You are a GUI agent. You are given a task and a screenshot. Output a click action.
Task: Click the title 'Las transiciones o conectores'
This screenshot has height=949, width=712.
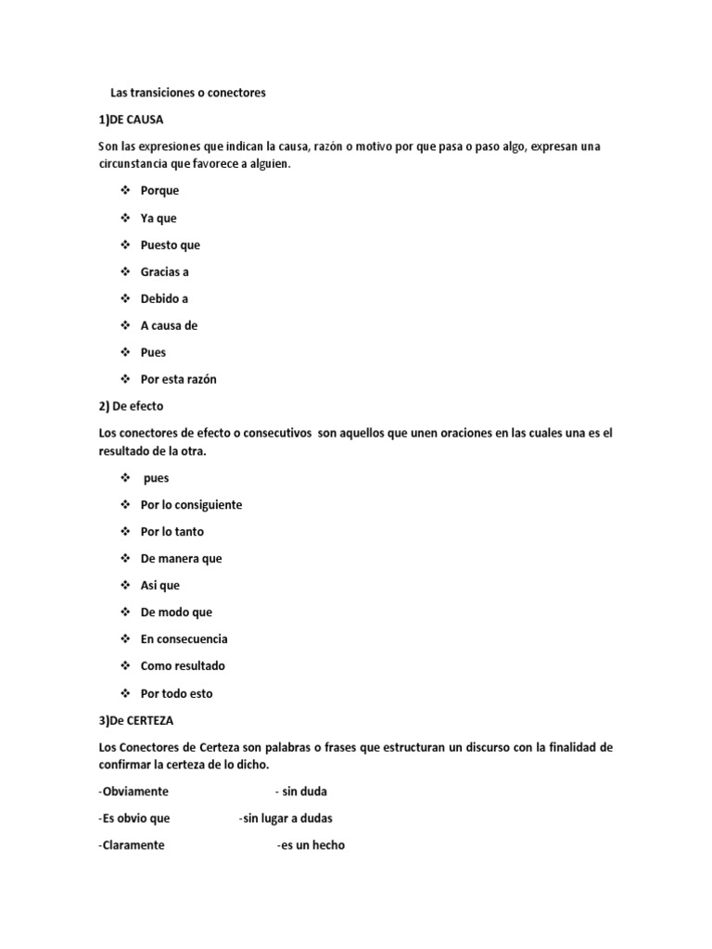point(187,93)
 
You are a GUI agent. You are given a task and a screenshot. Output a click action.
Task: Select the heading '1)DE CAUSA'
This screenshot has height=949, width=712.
point(131,120)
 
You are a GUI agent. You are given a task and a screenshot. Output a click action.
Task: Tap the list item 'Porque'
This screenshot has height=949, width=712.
point(159,191)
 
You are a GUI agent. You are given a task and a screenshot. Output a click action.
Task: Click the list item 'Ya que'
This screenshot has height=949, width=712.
point(158,218)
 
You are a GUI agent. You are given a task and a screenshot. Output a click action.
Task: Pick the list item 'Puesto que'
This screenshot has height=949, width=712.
point(170,245)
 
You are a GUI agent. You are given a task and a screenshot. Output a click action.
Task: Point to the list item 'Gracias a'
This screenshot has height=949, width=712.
point(164,272)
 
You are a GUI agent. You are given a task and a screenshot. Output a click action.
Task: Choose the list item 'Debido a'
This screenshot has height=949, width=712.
point(164,298)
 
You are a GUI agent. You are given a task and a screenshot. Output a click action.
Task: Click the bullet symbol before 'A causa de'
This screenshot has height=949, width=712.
point(125,325)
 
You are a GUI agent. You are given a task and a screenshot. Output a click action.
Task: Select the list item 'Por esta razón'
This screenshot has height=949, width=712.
point(178,379)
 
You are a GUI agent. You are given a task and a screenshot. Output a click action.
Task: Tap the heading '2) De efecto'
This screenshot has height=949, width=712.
point(130,406)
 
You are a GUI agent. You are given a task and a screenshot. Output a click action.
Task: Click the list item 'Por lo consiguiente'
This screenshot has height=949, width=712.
point(191,505)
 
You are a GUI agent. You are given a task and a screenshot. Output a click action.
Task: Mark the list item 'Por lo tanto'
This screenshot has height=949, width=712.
point(172,532)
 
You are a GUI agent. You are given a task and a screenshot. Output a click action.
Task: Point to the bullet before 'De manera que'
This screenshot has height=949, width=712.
point(125,559)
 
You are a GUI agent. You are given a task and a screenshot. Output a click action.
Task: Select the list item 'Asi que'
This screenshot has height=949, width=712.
point(159,586)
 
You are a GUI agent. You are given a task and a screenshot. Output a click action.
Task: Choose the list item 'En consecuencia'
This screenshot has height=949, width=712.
point(184,639)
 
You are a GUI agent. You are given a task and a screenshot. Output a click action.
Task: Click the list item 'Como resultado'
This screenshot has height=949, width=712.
point(183,666)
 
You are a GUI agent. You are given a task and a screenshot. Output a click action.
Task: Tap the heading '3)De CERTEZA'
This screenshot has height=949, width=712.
point(135,720)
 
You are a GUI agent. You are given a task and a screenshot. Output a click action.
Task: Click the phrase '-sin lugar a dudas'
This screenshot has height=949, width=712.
point(285,818)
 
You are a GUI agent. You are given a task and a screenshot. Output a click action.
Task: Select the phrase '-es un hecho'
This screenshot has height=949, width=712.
point(311,845)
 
